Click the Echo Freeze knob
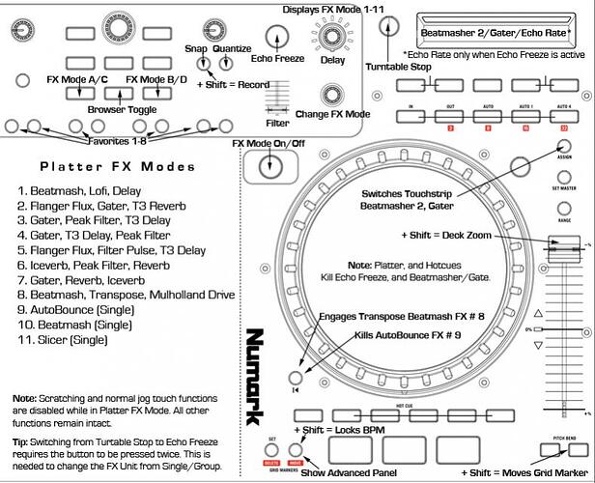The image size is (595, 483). coord(277,39)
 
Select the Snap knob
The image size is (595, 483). coord(202,64)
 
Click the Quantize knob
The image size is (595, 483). coord(228,64)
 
